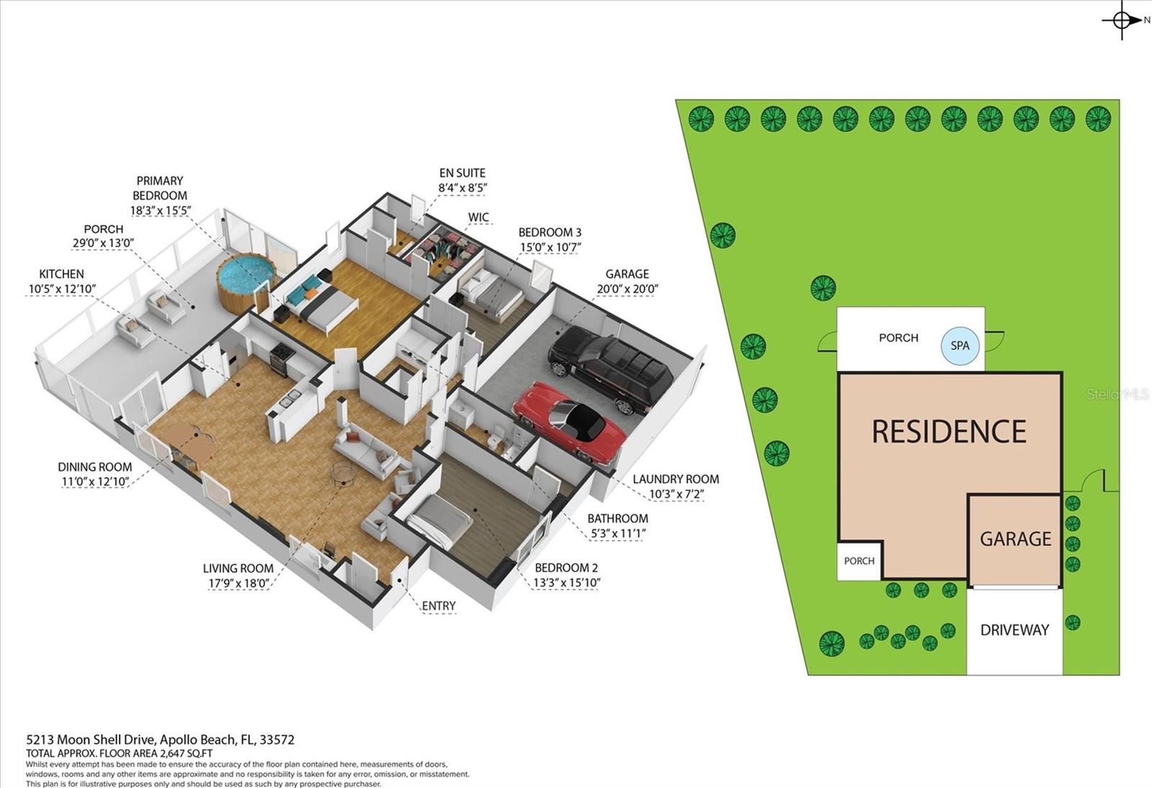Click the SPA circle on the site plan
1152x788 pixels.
tap(960, 346)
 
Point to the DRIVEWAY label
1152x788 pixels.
tap(1014, 630)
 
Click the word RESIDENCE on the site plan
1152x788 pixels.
tap(949, 431)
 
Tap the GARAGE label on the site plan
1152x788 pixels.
tap(1015, 539)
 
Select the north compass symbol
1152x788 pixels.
tap(1122, 20)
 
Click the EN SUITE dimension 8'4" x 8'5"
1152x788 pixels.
tap(462, 189)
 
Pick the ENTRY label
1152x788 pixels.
tap(438, 606)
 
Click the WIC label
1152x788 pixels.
tap(478, 217)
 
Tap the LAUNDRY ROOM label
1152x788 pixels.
tap(675, 479)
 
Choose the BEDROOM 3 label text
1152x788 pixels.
tap(549, 232)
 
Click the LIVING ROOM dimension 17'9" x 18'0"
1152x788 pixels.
tap(238, 583)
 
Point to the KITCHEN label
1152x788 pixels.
tap(61, 274)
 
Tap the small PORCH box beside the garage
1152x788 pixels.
tap(859, 561)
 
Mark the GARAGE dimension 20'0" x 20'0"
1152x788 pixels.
tap(627, 290)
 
